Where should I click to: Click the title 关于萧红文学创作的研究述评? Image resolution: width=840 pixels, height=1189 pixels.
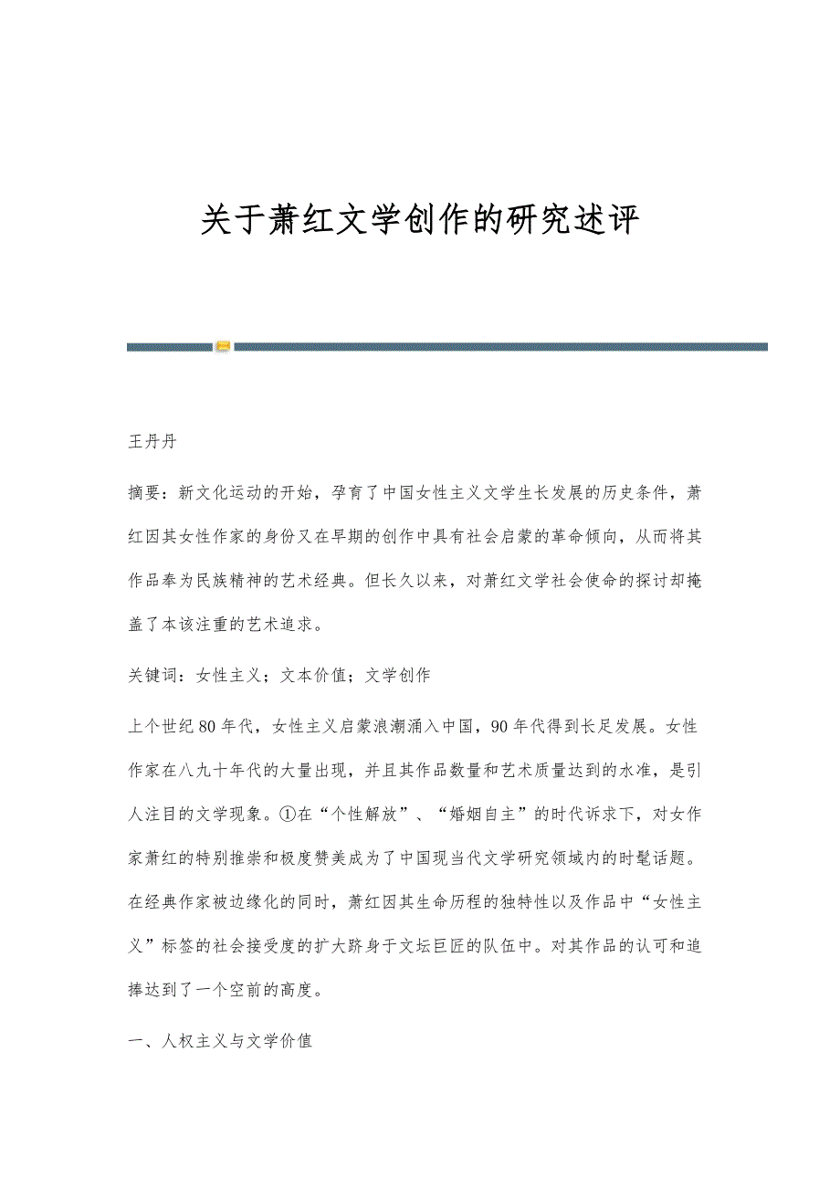pyautogui.click(x=419, y=221)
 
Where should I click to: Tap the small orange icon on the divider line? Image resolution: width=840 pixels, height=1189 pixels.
pyautogui.click(x=223, y=346)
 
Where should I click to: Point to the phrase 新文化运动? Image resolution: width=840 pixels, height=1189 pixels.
pyautogui.click(x=220, y=493)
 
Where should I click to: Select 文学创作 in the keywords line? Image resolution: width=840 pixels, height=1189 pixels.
pyautogui.click(x=398, y=676)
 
